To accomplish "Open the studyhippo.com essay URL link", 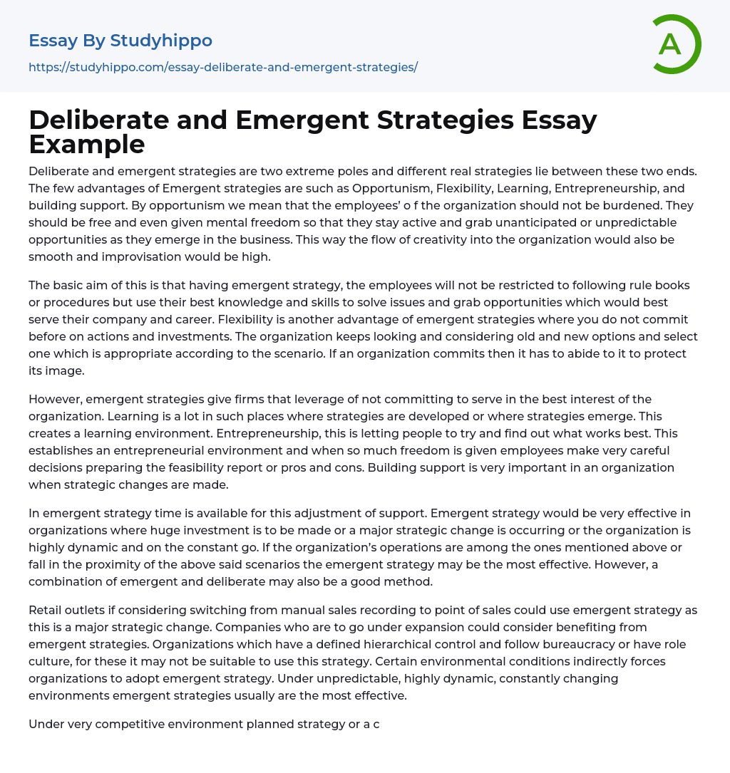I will pyautogui.click(x=223, y=67).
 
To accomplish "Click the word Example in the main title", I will pyautogui.click(x=87, y=144).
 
